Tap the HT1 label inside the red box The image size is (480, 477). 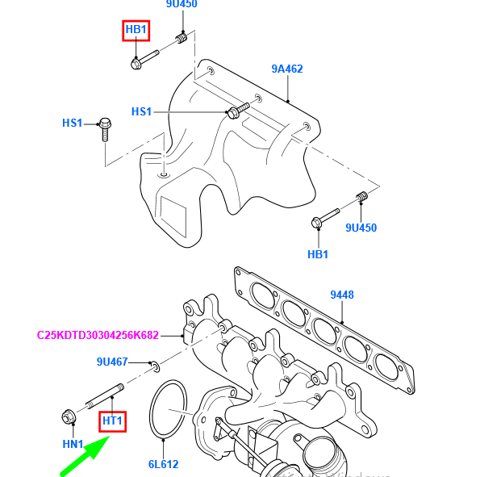(112, 421)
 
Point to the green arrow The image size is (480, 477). (84, 456)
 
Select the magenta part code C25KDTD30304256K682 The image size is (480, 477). (98, 334)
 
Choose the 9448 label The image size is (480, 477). (341, 295)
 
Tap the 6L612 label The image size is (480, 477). (162, 464)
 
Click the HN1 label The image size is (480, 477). (73, 444)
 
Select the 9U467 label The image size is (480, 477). (112, 362)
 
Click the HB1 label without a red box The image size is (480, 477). (318, 254)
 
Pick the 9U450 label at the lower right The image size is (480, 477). (361, 228)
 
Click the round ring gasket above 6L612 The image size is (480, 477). (168, 411)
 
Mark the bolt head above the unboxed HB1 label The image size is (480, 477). (316, 223)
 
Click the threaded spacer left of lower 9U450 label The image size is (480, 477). (361, 197)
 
